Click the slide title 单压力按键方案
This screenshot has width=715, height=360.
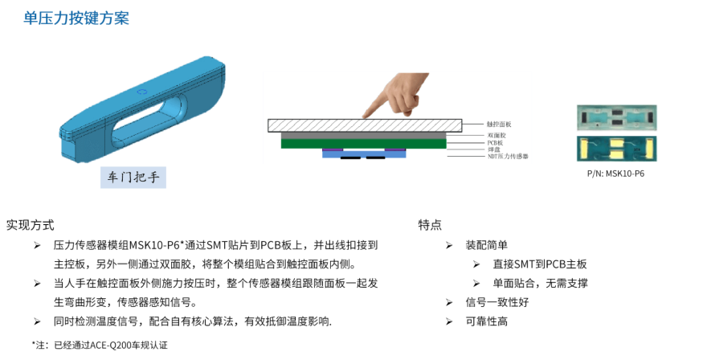coord(76,18)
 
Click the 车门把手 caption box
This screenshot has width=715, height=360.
coord(133,178)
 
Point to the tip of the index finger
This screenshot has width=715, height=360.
coord(365,115)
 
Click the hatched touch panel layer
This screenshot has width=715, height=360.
coord(365,125)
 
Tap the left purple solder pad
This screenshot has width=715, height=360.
coord(333,149)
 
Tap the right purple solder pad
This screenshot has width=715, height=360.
coord(395,149)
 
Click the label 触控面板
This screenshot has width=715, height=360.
coord(499,125)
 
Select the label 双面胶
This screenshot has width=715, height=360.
coord(496,135)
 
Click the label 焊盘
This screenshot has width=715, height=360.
coord(494,149)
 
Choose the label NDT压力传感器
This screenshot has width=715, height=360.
coord(508,156)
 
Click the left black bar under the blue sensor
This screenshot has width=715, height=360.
coord(349,158)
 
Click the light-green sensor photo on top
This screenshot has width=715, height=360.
coord(616,117)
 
